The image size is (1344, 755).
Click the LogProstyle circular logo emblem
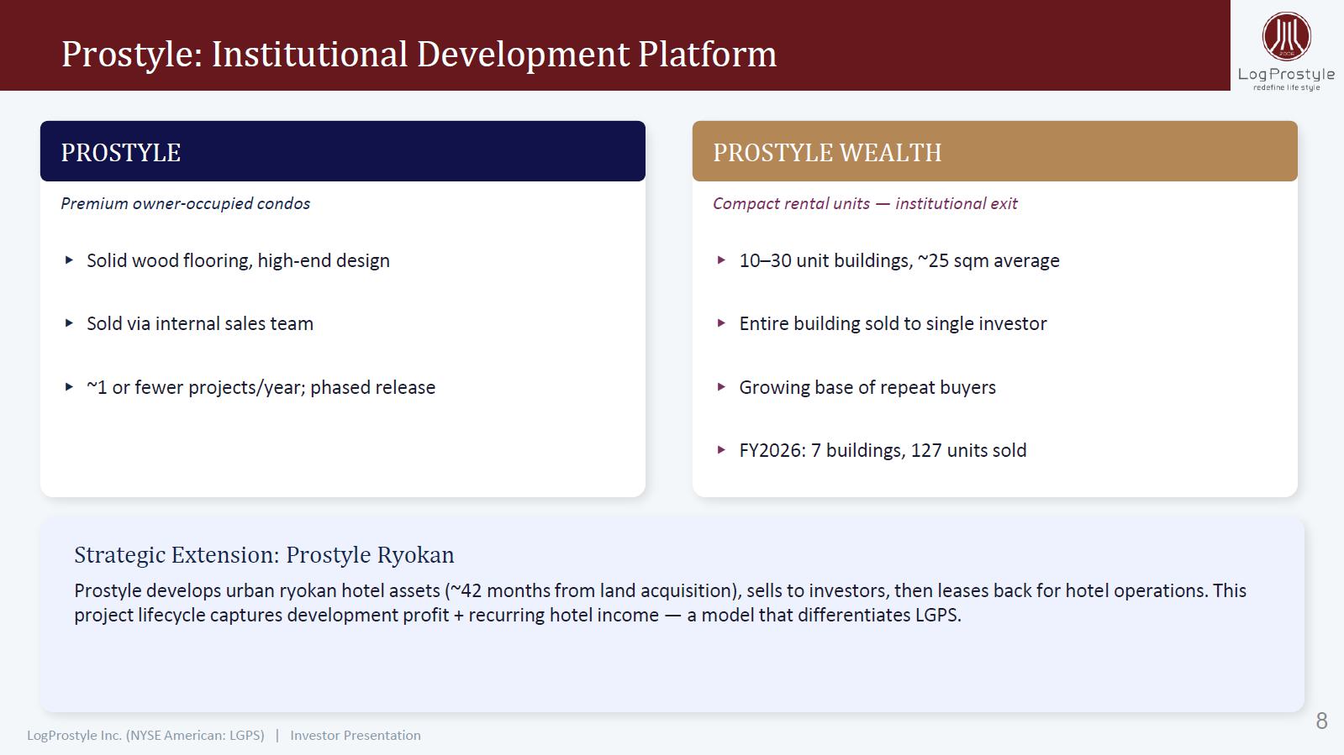pos(1286,36)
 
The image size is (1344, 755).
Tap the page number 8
pos(1321,721)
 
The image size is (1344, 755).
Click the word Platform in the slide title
pos(708,55)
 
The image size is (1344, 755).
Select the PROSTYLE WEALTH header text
pos(827,152)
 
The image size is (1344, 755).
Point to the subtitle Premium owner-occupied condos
pos(186,204)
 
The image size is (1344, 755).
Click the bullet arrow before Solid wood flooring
pos(69,260)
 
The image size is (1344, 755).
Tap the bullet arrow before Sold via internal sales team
pos(69,323)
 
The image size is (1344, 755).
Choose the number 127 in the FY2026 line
pos(926,450)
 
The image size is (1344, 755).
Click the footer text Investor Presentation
pos(356,735)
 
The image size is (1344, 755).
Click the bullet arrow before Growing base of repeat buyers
pos(722,387)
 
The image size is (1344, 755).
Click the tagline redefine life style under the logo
pos(1286,87)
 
